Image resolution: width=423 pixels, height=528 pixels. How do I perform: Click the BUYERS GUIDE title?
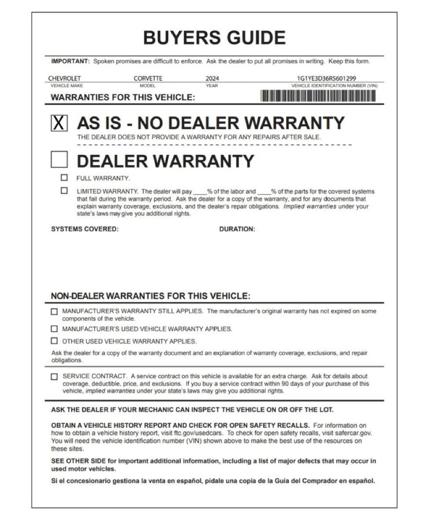coord(214,38)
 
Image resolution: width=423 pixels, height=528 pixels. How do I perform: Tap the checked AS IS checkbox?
coord(59,123)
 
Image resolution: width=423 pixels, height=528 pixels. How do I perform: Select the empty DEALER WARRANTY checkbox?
coord(59,159)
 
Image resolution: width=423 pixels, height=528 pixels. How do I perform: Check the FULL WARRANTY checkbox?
coord(65,178)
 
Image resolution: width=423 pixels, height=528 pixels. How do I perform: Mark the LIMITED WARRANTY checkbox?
coord(65,191)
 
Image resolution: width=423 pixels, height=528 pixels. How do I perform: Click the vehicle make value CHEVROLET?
coord(64,79)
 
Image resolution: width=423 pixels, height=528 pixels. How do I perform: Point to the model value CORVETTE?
coord(148,79)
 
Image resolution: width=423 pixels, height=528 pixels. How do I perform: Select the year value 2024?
coord(212,79)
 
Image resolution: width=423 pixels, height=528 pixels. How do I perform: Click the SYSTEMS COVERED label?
coord(85,229)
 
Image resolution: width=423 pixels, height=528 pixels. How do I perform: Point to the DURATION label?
coord(237,229)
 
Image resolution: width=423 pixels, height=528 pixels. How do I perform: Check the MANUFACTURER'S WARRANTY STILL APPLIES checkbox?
coord(54,312)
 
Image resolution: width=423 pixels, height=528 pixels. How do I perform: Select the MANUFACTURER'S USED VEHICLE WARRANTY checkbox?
coord(54,329)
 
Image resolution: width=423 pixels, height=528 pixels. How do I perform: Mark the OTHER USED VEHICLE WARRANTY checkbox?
coord(54,341)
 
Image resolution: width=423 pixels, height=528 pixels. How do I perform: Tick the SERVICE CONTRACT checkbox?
coord(54,377)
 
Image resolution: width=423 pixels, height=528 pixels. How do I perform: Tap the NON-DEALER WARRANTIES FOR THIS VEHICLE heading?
coord(151,296)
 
